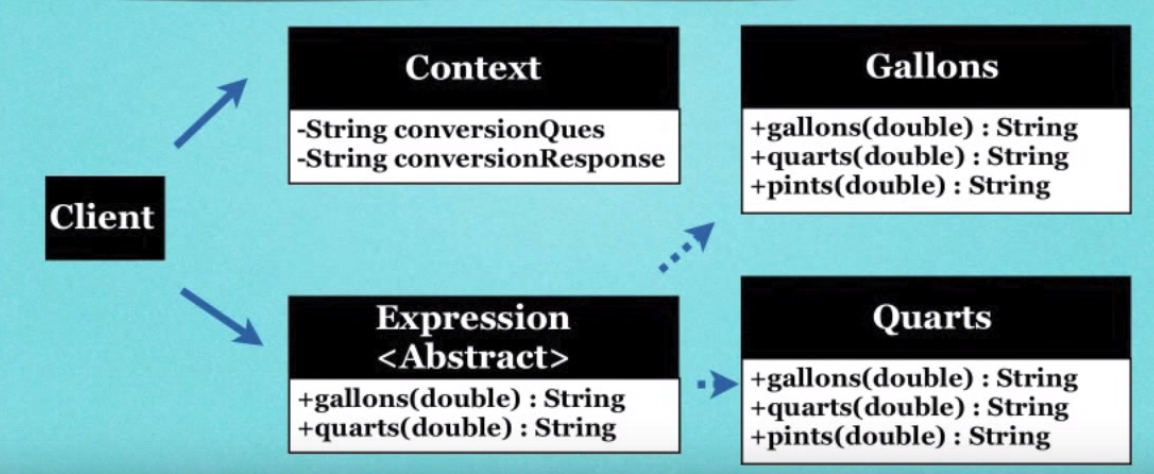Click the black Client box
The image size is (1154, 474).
point(104,217)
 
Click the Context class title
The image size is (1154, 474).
point(472,68)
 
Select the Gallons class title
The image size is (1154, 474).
point(931,66)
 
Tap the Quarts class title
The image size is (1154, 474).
point(931,317)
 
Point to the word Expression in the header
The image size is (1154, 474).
point(473,318)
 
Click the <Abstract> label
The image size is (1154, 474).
point(473,356)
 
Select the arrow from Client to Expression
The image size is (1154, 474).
point(220,317)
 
